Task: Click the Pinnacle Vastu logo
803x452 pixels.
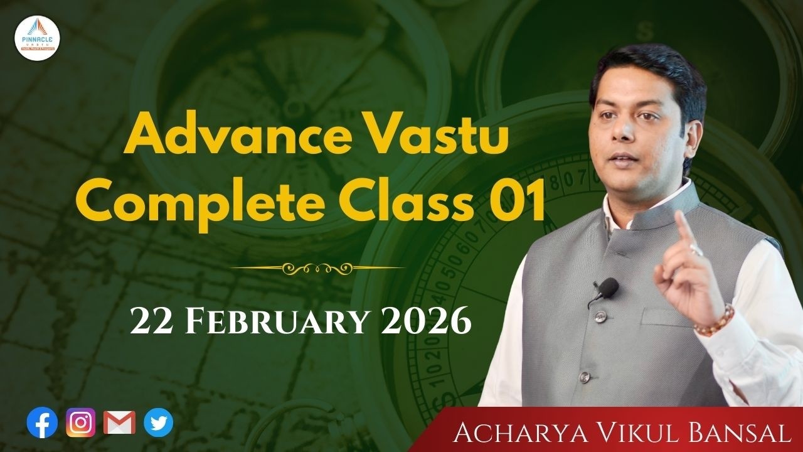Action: [x=38, y=38]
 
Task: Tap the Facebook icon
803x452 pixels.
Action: [x=42, y=423]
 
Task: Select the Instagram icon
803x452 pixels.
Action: [x=81, y=423]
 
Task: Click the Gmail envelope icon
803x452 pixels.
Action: [x=119, y=423]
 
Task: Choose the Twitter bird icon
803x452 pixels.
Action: [x=158, y=423]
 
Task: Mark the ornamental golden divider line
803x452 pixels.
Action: [x=318, y=268]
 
